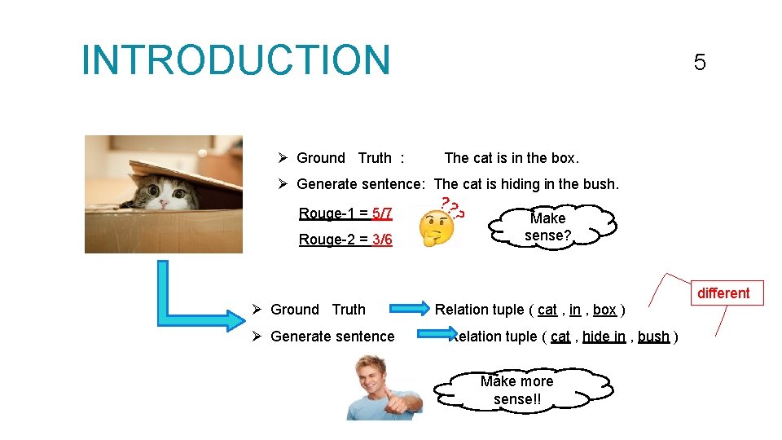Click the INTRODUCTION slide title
tap(236, 60)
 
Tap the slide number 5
tap(699, 63)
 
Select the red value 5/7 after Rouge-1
tap(382, 213)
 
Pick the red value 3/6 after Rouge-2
tap(382, 240)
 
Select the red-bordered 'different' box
tap(723, 293)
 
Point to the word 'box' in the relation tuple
tap(604, 310)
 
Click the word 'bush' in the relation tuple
tap(653, 337)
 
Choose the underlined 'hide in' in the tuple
tap(604, 337)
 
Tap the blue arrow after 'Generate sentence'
tap(437, 335)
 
